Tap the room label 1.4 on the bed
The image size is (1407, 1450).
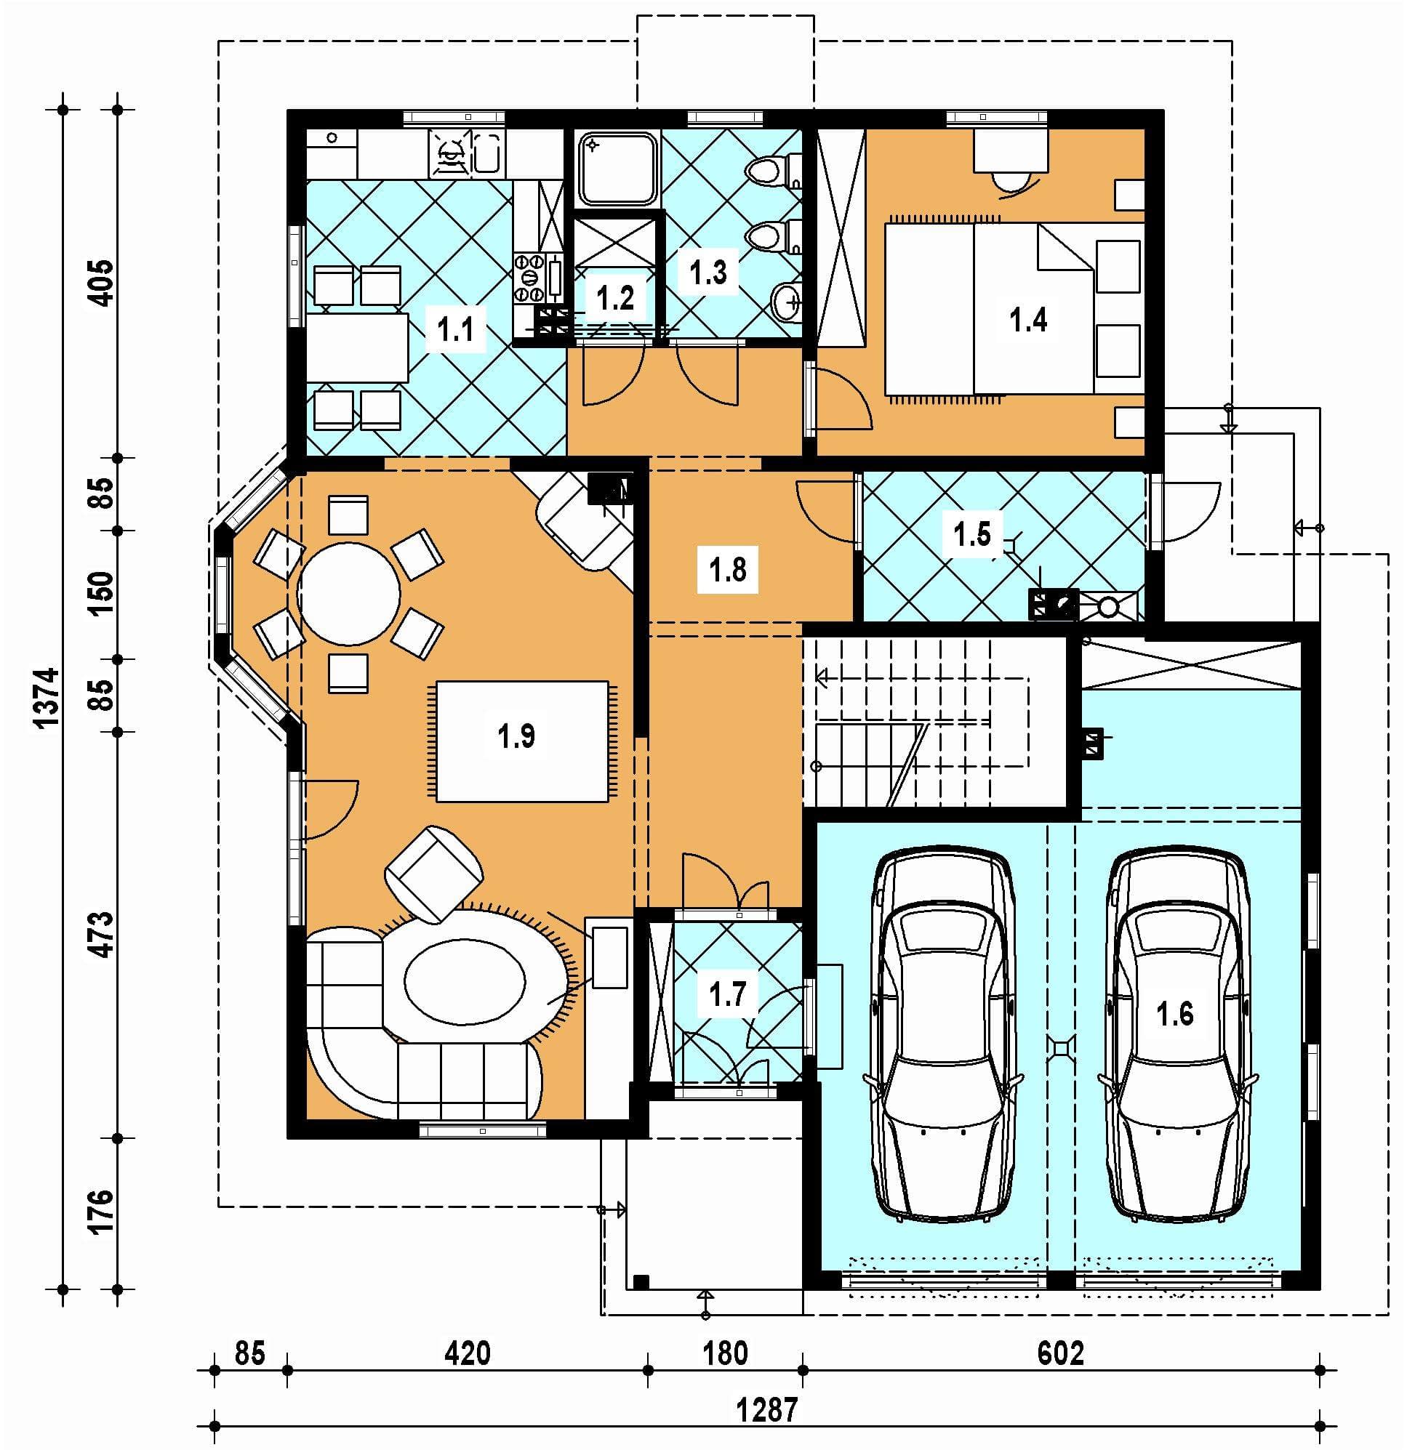click(1028, 320)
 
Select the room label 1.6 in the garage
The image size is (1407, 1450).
click(1175, 1012)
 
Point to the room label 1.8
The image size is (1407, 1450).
click(728, 570)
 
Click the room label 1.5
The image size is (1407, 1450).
click(971, 533)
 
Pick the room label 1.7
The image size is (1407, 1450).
click(728, 994)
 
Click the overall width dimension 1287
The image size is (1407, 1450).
click(768, 1409)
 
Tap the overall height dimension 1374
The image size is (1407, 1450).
click(46, 698)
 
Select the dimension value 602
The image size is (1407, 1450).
click(1061, 1353)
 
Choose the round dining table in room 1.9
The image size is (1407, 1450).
click(348, 593)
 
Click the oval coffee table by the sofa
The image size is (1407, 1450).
click(465, 981)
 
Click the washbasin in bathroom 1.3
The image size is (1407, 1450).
click(787, 303)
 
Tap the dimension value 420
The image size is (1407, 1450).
click(467, 1353)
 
